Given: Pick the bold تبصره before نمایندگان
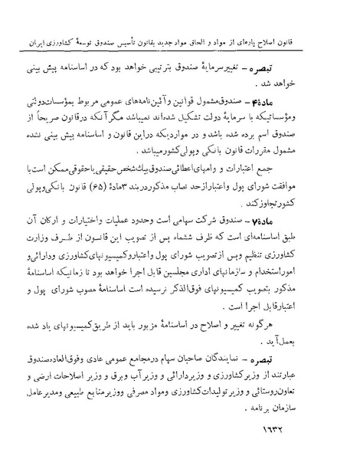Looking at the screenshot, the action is [x=313, y=356].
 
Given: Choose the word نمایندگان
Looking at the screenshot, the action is [x=268, y=356].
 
